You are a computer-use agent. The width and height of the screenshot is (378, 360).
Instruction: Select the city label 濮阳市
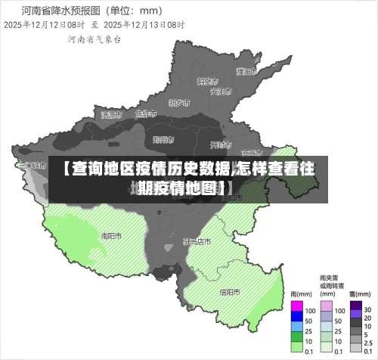click(x=244, y=71)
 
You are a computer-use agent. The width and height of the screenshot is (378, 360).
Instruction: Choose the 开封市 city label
click(x=219, y=144)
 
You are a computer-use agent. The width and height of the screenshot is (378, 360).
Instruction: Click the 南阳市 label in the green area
click(x=111, y=235)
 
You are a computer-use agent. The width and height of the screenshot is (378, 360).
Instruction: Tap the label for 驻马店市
click(x=197, y=242)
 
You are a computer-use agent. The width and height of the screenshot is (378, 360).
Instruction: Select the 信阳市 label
click(x=229, y=291)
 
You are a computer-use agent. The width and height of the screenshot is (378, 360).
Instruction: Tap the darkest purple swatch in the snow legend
click(x=355, y=308)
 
